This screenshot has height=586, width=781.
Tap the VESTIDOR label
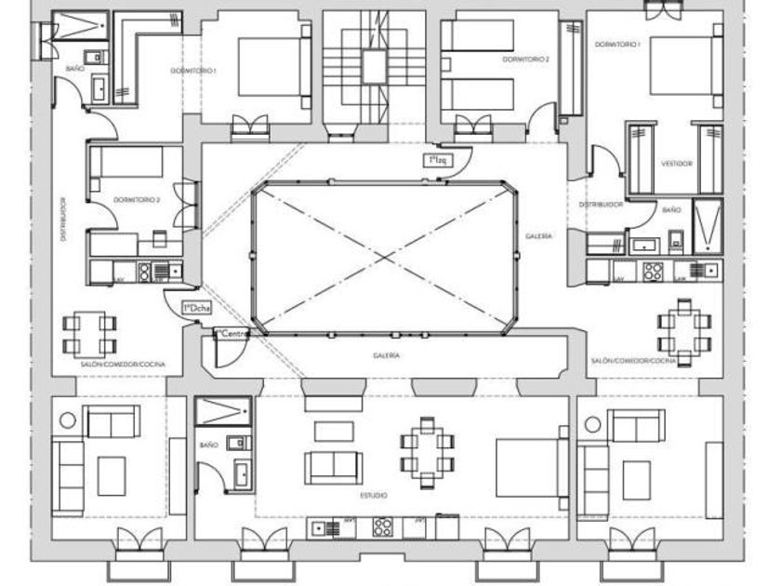click(676, 162)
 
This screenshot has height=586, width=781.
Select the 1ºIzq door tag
click(435, 161)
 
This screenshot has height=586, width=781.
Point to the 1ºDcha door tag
click(196, 306)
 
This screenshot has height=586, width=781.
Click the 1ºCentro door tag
click(232, 332)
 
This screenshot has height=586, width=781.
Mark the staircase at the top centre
click(373, 65)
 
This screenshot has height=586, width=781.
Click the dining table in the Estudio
click(427, 450)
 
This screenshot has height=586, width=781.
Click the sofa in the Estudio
click(334, 465)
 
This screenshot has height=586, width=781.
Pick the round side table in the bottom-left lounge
click(68, 420)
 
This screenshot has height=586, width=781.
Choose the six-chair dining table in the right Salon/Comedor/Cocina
click(683, 330)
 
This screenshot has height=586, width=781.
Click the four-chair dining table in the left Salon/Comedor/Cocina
click(90, 335)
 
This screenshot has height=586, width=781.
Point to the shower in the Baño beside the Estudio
click(223, 411)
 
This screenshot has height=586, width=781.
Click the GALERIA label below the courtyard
click(387, 354)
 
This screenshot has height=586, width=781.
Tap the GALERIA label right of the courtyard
click(538, 236)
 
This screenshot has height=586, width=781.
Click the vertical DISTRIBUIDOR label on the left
click(63, 219)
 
